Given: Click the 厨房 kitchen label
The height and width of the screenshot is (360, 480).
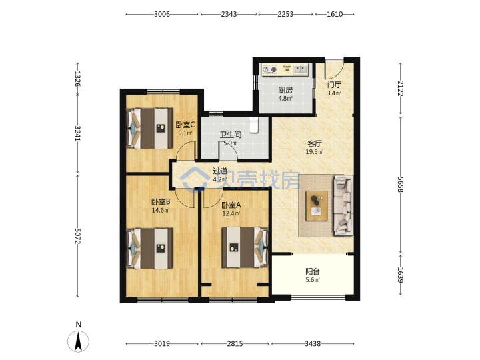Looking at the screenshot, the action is coord(285,90).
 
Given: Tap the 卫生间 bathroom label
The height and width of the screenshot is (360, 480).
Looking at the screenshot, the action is coord(231,135).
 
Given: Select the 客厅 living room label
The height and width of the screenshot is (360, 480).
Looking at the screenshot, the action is coord(315,143).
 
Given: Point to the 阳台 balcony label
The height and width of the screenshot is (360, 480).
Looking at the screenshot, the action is coord(313,271).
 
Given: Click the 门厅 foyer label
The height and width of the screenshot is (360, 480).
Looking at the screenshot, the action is coord(334,85).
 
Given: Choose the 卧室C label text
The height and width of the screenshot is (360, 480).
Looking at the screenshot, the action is coord(185,125).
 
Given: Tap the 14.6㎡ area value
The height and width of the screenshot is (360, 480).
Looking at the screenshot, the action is coord(161,210).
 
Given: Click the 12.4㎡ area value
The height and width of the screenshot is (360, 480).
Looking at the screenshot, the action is coord(231,213).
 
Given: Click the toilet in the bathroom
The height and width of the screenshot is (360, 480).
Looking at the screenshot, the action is coord(254,125).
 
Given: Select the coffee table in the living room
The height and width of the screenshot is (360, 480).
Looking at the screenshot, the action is coord(317,206).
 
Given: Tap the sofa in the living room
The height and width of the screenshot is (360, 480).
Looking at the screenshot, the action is coord(343,205).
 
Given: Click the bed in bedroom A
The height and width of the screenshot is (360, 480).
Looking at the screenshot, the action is coord(245,247).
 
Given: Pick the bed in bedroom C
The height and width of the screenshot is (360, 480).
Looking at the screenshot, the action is coord(150,128).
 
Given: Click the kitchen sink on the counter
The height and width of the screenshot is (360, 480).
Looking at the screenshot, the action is coord(300,69).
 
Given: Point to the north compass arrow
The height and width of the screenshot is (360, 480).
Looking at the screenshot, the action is coord(79,341).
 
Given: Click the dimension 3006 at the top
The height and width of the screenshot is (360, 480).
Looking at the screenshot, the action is coord(162,14).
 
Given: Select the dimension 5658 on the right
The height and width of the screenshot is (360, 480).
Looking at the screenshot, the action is coord(400,185).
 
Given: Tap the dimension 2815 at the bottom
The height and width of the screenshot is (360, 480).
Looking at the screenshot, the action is coord(235,344).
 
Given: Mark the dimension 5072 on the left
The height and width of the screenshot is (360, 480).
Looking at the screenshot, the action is coord(77,236).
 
